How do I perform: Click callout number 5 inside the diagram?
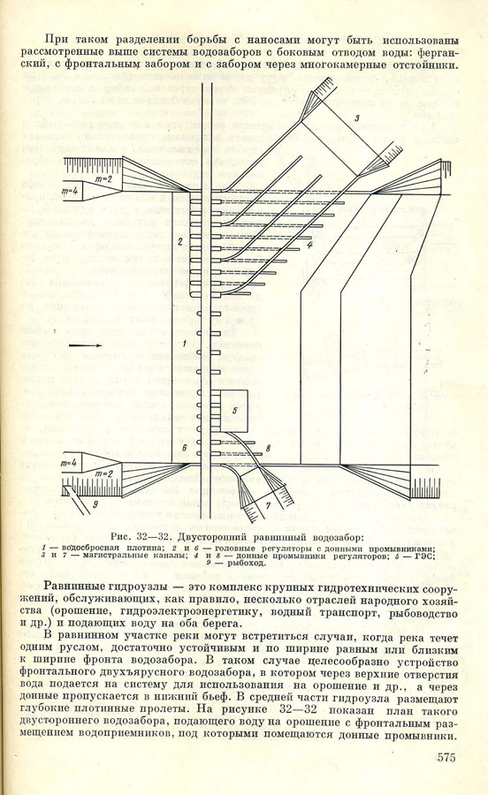(x=235, y=410)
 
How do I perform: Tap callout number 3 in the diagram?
(x=356, y=118)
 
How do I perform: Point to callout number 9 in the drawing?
(x=95, y=504)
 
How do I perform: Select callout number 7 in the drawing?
(x=269, y=505)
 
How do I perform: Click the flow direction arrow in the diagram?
(x=85, y=344)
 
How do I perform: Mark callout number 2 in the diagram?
(x=179, y=241)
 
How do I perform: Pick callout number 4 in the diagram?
(x=309, y=245)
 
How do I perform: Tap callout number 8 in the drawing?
(x=268, y=448)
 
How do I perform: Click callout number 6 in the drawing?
(x=184, y=448)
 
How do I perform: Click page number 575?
(x=446, y=758)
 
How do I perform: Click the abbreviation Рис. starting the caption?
(x=119, y=537)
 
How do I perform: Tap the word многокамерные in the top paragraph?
(x=338, y=64)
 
